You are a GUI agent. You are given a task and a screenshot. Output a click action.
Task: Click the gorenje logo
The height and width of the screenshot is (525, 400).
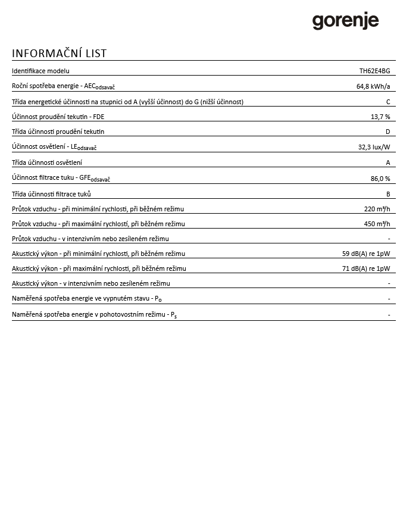click(x=345, y=21)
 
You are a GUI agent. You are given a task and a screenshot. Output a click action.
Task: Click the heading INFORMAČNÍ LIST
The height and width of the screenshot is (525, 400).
click(x=59, y=54)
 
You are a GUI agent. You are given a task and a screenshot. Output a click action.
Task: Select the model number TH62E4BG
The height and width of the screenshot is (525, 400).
click(x=374, y=71)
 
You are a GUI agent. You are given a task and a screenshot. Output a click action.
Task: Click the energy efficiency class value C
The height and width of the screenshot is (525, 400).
click(x=388, y=102)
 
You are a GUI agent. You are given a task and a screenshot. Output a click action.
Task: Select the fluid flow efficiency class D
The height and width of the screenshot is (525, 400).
click(x=387, y=132)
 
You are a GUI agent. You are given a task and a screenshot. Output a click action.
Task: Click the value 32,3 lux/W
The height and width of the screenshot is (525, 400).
click(x=374, y=146)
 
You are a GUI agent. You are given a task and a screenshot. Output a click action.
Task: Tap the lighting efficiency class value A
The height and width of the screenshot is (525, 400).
click(x=387, y=162)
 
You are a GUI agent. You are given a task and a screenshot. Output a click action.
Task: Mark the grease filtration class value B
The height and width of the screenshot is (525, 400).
click(x=388, y=194)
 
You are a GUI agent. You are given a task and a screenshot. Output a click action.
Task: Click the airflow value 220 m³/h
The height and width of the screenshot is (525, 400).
click(x=377, y=209)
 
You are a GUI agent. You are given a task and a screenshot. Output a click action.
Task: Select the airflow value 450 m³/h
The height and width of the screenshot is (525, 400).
click(x=377, y=224)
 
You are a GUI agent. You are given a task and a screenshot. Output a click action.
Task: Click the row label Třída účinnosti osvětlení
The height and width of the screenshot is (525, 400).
click(x=47, y=162)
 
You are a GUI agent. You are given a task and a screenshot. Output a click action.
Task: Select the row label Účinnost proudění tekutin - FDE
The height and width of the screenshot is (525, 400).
click(x=58, y=117)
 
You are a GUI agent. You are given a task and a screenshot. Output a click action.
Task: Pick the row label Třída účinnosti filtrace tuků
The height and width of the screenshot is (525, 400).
click(x=51, y=194)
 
